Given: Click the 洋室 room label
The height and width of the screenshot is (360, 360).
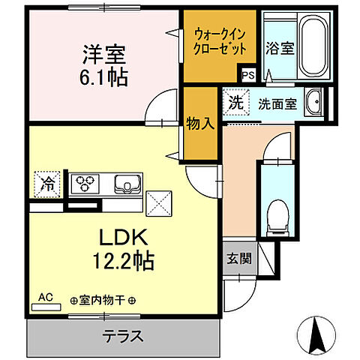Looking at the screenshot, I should pyautogui.click(x=103, y=55).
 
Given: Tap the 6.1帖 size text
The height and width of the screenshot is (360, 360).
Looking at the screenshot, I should pyautogui.click(x=103, y=77).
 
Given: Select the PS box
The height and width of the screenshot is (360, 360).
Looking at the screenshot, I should pyautogui.click(x=248, y=74).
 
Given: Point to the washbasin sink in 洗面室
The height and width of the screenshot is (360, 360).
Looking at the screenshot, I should pyautogui.click(x=313, y=103).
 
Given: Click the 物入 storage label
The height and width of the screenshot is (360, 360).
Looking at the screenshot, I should pyautogui.click(x=199, y=124).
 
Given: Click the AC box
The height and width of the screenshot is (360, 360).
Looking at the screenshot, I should pyautogui.click(x=47, y=298).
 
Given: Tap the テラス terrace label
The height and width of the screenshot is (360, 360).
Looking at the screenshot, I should pyautogui.click(x=123, y=335).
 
